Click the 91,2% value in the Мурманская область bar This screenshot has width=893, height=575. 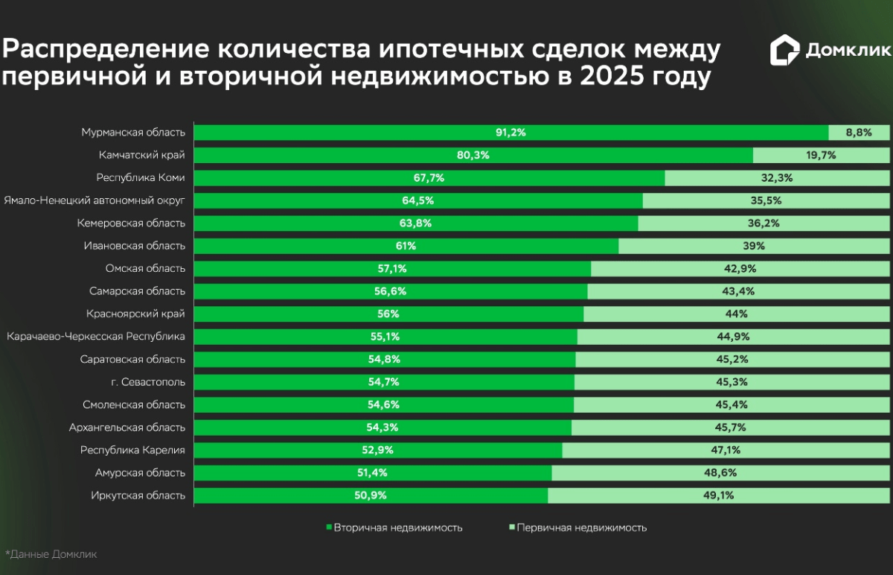click(x=510, y=133)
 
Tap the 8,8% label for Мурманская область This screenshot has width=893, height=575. click(x=858, y=133)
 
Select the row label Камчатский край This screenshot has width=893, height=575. click(x=141, y=155)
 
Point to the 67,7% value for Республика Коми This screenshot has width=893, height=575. click(x=429, y=178)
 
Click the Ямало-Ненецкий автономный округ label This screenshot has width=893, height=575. click(x=95, y=200)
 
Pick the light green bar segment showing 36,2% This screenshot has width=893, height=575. click(x=764, y=223)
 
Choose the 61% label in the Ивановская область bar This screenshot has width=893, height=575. click(x=406, y=246)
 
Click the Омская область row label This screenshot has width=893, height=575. click(x=146, y=268)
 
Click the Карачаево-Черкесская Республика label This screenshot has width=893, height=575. click(x=96, y=337)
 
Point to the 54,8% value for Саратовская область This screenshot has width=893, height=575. click(x=384, y=359)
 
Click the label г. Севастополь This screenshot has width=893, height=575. click(x=147, y=382)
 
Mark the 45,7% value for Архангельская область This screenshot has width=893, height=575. click(x=730, y=428)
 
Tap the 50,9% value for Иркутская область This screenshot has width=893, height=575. click(x=371, y=495)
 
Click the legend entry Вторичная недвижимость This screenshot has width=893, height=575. click(x=394, y=527)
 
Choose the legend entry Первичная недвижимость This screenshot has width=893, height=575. click(x=578, y=527)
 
